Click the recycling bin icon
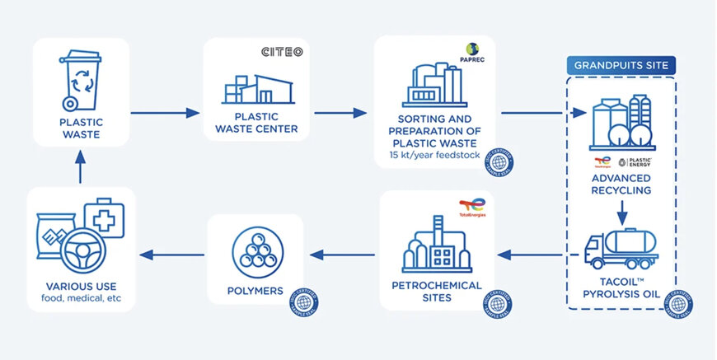(x=80, y=80)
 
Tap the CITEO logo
(x=283, y=52)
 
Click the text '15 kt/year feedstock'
(x=434, y=155)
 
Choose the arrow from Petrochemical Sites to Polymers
(x=343, y=254)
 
